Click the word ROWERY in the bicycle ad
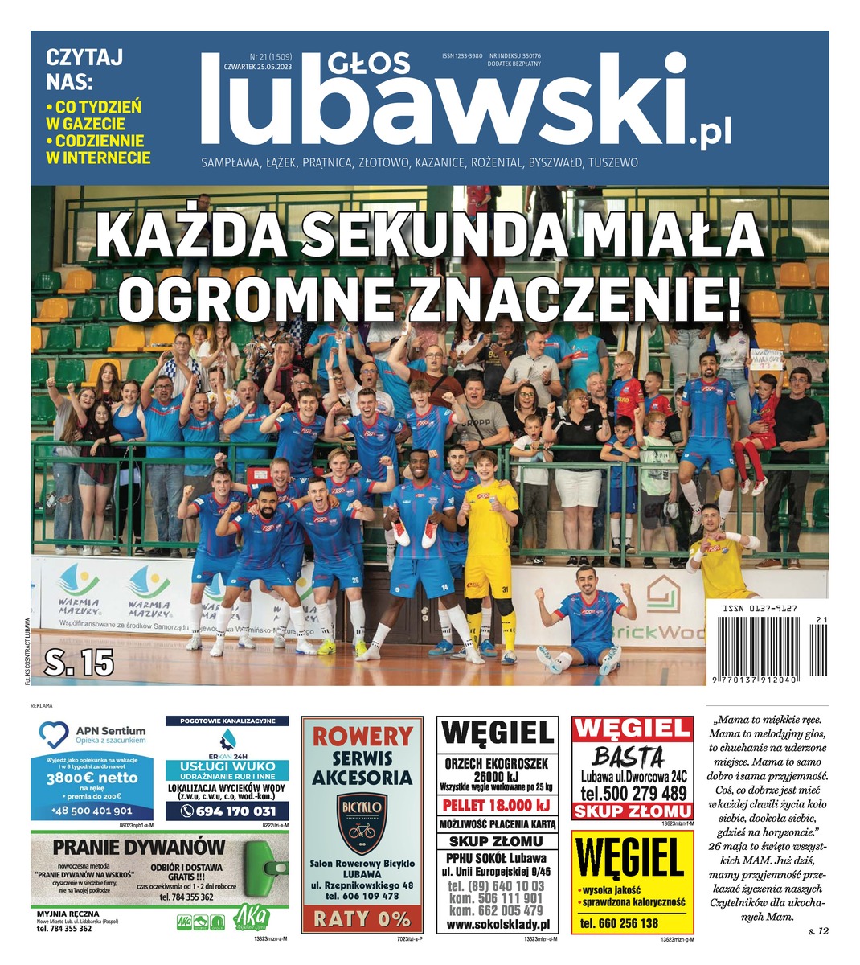362,736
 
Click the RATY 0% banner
362,918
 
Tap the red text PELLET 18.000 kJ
498,805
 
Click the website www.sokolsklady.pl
498,926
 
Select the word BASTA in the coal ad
629,757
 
